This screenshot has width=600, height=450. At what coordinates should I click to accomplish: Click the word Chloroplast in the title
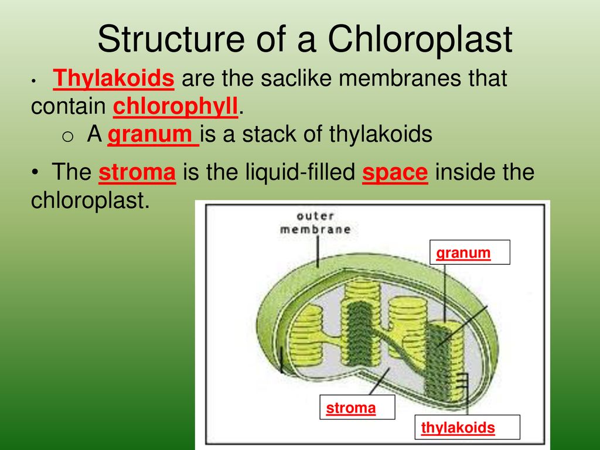[420, 39]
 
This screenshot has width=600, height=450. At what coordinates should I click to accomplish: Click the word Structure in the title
[171, 39]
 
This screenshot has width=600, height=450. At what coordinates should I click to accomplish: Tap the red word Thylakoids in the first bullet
[114, 79]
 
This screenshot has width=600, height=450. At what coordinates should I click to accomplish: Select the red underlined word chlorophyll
[175, 107]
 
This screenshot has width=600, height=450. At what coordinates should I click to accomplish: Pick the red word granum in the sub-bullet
[153, 135]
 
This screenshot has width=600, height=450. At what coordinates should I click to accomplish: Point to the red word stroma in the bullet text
[137, 172]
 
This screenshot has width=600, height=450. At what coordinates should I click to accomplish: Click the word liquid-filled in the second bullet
[301, 172]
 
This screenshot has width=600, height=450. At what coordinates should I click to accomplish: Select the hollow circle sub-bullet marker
[67, 137]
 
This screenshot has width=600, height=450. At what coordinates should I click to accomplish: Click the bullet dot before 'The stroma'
[35, 172]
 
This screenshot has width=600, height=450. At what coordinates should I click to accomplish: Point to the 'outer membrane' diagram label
[315, 223]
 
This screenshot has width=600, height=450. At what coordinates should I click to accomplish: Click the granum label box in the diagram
[470, 252]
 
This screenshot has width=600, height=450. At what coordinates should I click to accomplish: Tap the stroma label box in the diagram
[357, 407]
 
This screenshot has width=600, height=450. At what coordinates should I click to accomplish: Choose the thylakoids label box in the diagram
[467, 427]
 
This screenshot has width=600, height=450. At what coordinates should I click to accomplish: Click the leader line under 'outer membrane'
[318, 251]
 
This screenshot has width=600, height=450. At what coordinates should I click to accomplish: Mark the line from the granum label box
[445, 293]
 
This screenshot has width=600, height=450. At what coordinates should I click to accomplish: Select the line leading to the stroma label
[380, 381]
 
